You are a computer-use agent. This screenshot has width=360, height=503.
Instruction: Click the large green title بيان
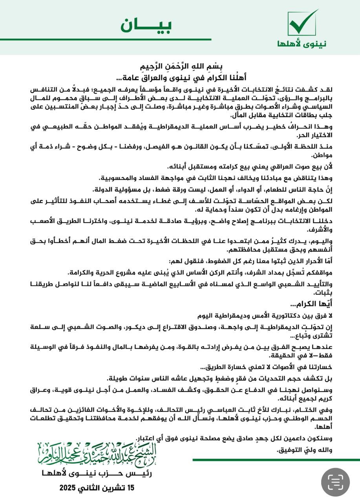(146, 26)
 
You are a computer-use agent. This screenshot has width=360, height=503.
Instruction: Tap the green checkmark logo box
(303, 24)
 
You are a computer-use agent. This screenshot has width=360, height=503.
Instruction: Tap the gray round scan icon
(335, 482)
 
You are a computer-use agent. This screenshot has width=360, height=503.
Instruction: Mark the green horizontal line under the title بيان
(106, 39)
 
